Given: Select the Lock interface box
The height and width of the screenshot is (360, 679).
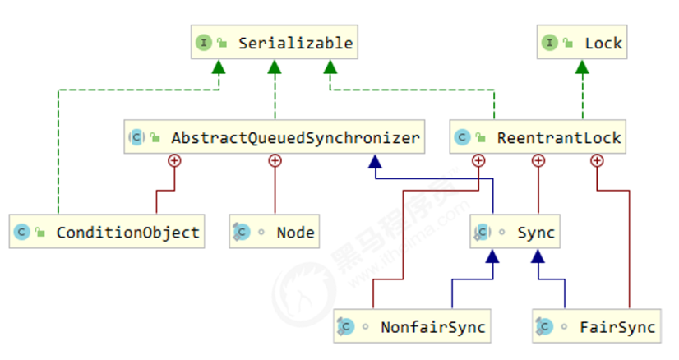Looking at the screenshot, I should click(582, 43).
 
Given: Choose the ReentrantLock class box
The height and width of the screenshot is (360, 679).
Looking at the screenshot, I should click(537, 137).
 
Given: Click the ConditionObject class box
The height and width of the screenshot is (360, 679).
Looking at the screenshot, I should click(107, 233).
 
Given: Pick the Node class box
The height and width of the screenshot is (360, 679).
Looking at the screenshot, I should click(275, 233).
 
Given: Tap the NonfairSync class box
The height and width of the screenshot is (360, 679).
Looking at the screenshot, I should click(411, 327).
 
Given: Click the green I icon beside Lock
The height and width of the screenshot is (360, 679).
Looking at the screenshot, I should click(550, 43).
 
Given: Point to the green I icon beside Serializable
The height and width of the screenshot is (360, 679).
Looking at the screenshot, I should click(203, 43).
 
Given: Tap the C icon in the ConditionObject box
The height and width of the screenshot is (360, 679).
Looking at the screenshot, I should click(22, 233).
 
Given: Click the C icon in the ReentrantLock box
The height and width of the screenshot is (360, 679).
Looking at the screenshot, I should click(463, 137).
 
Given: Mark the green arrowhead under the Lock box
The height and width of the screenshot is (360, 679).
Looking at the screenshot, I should click(582, 67).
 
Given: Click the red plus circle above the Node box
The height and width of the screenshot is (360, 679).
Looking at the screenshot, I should click(275, 160).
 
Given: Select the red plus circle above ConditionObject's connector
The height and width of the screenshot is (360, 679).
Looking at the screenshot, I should click(173, 160).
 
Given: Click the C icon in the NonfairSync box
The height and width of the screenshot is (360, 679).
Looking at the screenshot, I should click(346, 327).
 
